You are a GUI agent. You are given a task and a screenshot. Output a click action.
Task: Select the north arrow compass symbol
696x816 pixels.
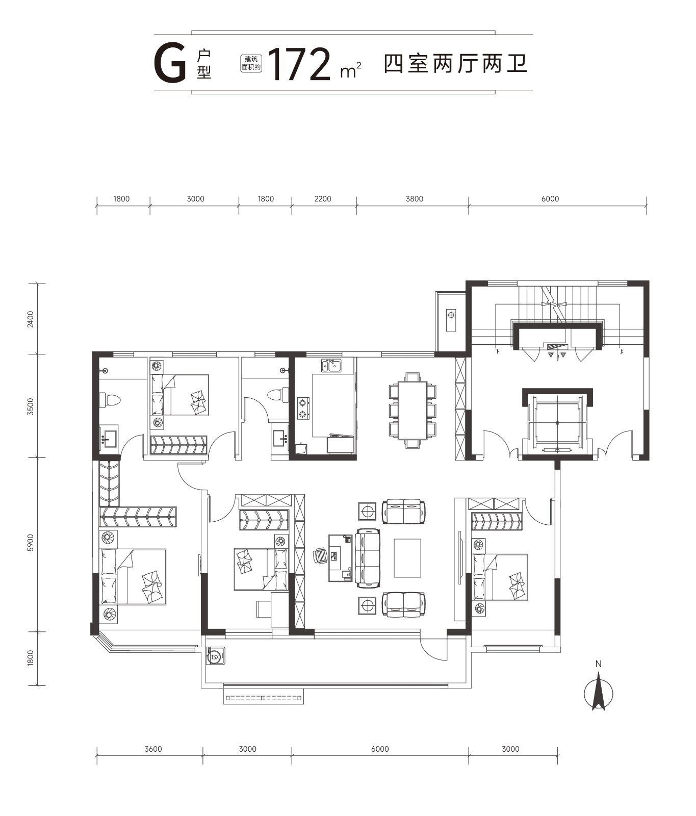[x=599, y=691]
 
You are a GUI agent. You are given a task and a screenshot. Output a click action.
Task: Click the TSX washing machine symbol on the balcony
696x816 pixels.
[x=215, y=656]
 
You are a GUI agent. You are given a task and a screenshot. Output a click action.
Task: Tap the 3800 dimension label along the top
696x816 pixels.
[x=415, y=199]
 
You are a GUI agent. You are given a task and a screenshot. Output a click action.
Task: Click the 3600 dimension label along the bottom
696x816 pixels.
[x=153, y=749]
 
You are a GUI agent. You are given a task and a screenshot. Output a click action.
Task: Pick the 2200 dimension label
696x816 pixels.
[x=323, y=199]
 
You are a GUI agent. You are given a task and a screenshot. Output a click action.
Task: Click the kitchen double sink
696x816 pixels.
[x=331, y=366]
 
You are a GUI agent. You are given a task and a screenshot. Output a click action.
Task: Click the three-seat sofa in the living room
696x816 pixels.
[x=368, y=558]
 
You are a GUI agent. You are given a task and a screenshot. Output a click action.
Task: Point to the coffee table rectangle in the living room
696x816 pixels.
[x=407, y=558]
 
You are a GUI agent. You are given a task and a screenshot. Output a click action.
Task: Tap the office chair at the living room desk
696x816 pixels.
[x=321, y=555]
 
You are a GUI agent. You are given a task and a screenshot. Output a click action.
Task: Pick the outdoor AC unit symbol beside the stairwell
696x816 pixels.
[x=451, y=320]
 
